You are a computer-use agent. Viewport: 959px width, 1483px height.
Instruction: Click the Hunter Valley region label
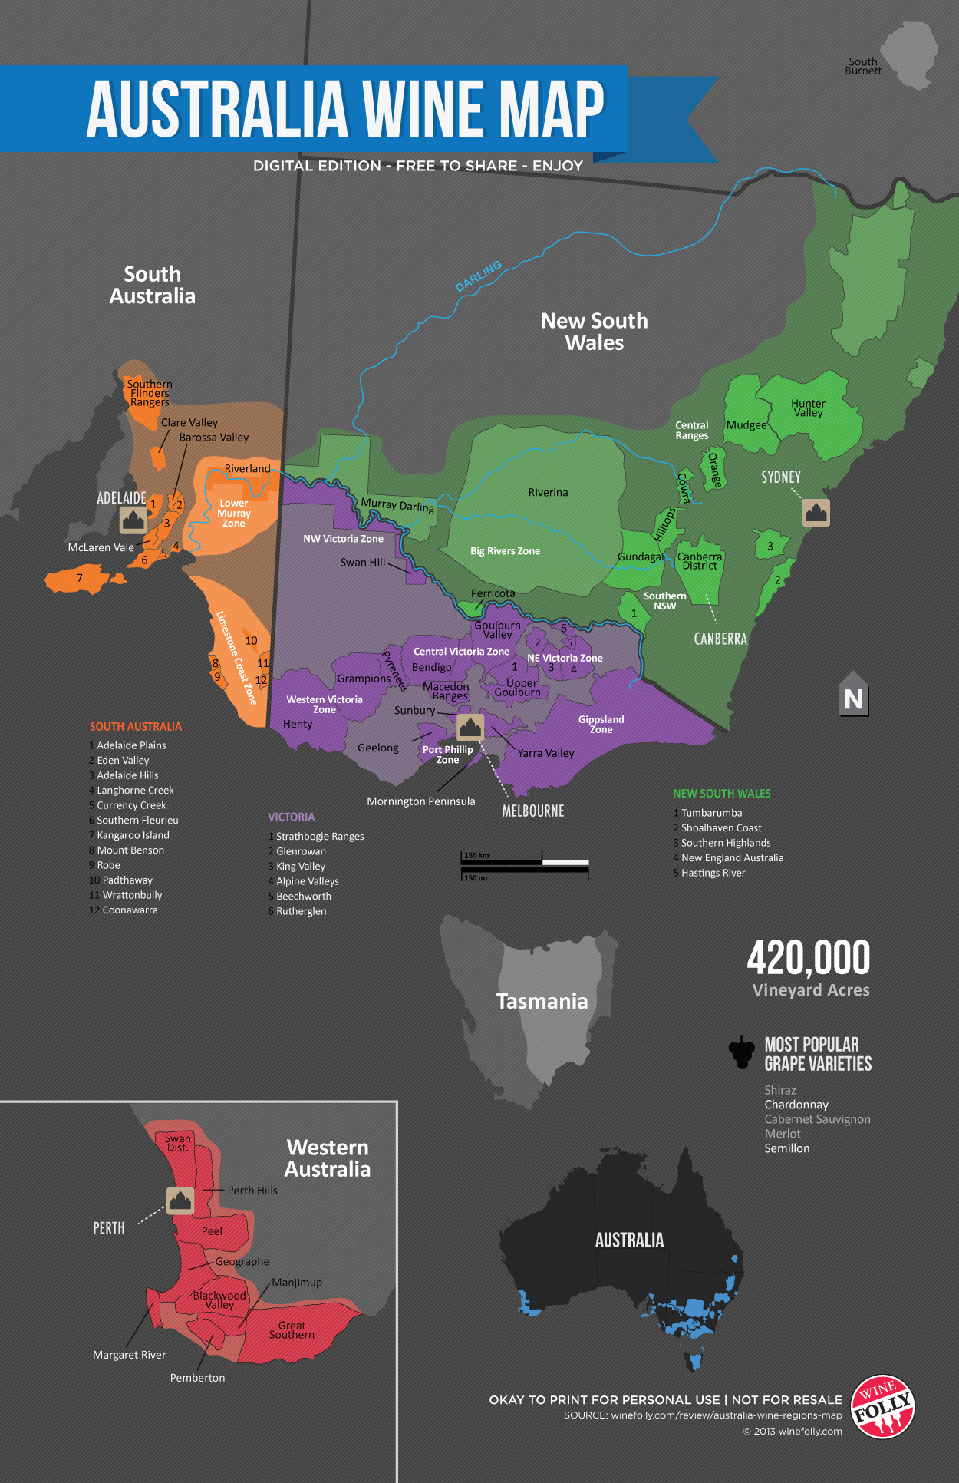(x=808, y=408)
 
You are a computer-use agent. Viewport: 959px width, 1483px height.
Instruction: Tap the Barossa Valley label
(x=214, y=438)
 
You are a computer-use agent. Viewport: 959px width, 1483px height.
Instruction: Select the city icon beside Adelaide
(x=133, y=520)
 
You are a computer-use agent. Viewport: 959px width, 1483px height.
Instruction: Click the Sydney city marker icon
(x=816, y=512)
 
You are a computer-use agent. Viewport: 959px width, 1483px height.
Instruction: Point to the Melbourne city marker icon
(x=470, y=727)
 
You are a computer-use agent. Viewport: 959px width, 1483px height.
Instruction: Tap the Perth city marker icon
(x=180, y=1201)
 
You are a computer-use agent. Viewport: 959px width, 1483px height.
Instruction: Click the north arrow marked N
(x=853, y=695)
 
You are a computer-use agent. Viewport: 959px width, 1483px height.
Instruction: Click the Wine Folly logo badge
(x=883, y=1406)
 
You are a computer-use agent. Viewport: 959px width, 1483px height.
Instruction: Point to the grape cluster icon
(x=742, y=1052)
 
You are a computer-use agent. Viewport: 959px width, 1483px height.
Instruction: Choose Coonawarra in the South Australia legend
(x=130, y=910)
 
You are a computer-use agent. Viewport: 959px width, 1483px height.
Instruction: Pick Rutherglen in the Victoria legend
(x=301, y=911)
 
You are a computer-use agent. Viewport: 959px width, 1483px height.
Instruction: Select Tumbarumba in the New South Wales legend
(x=711, y=813)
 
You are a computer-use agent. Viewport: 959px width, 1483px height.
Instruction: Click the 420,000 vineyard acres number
(x=809, y=958)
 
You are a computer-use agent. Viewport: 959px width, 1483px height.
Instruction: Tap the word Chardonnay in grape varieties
(x=796, y=1105)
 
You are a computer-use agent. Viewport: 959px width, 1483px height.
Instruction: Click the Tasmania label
(x=542, y=1001)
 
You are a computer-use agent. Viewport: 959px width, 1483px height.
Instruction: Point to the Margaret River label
(x=129, y=1355)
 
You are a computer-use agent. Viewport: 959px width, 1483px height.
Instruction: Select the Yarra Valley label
(x=545, y=753)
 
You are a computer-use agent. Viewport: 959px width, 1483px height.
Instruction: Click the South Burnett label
(x=863, y=66)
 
